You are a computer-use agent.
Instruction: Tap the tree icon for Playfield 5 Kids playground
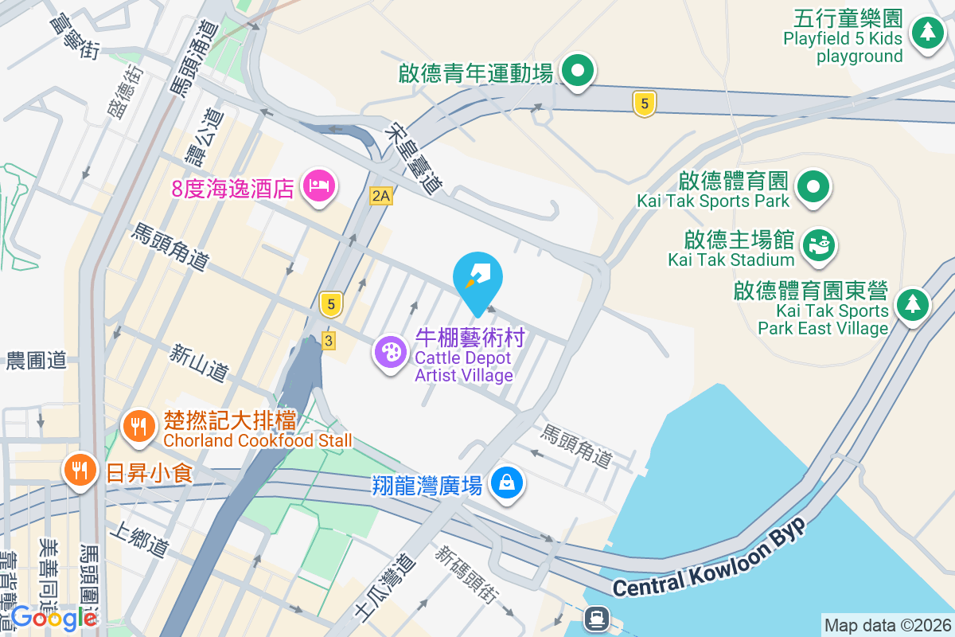coord(926,33)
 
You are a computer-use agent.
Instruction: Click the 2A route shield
coord(381,196)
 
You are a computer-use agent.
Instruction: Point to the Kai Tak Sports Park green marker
coord(813,188)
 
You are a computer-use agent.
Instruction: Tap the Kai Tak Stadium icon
coord(817,244)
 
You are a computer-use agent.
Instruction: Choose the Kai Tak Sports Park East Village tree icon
coord(914,304)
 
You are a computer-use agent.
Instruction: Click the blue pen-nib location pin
coord(477,279)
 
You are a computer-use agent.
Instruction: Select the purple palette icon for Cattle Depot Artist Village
coord(391,352)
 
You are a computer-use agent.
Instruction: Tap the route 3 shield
coord(329,341)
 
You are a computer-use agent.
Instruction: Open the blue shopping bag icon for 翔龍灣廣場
coord(506,483)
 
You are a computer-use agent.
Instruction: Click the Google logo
coord(53,617)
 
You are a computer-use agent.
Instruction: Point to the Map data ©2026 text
coord(887,625)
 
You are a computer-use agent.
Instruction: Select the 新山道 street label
coord(199,361)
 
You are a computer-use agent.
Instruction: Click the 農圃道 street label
coord(36,361)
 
